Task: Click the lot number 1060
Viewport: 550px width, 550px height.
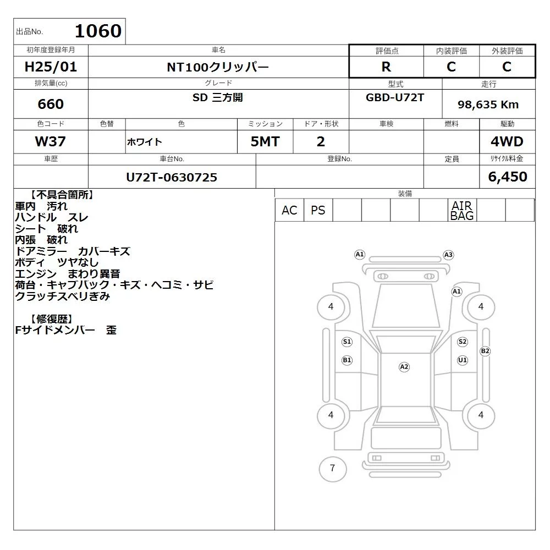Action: [x=98, y=31]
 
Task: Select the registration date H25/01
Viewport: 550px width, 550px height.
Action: [x=51, y=67]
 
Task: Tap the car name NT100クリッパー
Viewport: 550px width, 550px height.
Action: [x=218, y=67]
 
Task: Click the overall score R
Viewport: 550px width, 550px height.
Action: [x=386, y=67]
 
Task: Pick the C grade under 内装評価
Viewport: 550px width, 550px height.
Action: [x=451, y=67]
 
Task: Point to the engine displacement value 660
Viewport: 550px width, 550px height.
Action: [x=51, y=104]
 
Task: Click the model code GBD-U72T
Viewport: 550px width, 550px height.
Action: [x=395, y=97]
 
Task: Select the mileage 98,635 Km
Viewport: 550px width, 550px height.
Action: [x=488, y=104]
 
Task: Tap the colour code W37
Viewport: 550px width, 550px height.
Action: [x=51, y=141]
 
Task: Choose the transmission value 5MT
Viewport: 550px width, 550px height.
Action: [x=265, y=141]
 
